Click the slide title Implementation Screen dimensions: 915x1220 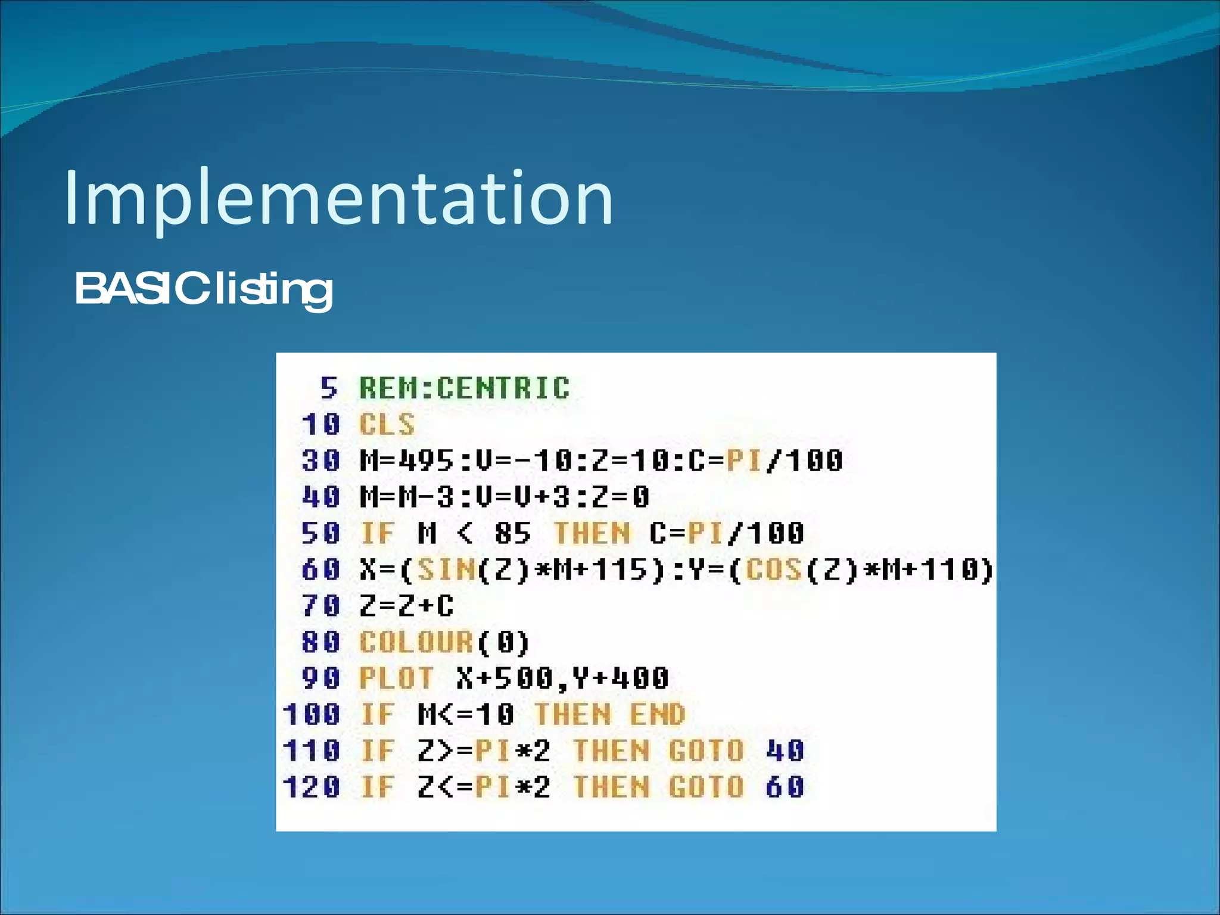click(x=338, y=198)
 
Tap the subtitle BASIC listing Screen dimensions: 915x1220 click(x=203, y=289)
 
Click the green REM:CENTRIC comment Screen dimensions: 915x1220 click(x=464, y=388)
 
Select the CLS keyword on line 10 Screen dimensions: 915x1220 click(x=387, y=425)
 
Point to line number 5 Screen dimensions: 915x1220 click(x=329, y=388)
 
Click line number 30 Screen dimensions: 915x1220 click(x=320, y=461)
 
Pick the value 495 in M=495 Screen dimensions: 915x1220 click(x=426, y=461)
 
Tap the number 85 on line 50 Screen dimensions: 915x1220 click(x=512, y=533)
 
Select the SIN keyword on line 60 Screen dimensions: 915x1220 click(x=446, y=570)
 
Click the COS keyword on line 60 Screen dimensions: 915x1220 click(x=773, y=570)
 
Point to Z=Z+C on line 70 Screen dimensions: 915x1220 click(x=406, y=606)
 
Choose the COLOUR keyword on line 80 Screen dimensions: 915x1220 click(x=416, y=643)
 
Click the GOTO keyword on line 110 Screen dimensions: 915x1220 click(x=707, y=751)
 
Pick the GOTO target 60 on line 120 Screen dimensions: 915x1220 click(x=785, y=788)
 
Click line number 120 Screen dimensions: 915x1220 click(x=311, y=788)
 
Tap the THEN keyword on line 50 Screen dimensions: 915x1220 click(x=592, y=533)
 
